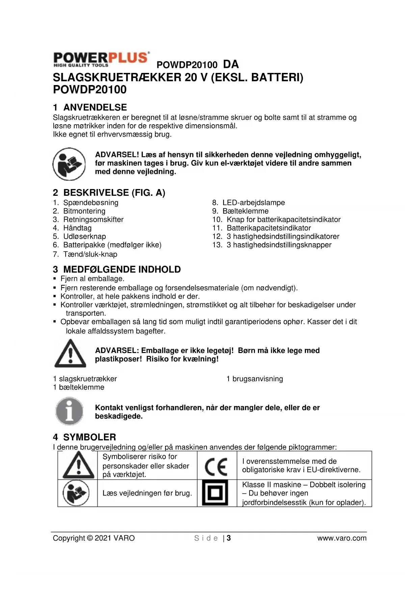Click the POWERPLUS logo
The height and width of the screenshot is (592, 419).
(101, 59)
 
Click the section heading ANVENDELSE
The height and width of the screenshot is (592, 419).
(95, 107)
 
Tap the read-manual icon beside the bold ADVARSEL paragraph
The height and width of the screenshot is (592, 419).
(69, 164)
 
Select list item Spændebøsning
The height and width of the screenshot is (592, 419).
(90, 203)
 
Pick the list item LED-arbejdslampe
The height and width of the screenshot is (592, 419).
(253, 203)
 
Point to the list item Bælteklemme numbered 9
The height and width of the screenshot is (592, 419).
(245, 211)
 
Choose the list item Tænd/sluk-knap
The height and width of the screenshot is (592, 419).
(90, 254)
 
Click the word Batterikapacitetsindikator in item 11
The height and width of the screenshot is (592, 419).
(268, 228)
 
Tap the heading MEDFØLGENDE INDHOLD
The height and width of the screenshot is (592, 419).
(122, 269)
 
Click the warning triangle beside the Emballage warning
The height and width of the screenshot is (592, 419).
(70, 354)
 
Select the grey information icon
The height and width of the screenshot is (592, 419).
(69, 411)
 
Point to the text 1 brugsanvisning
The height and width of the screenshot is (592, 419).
(255, 379)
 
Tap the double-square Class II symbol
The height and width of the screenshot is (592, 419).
(215, 493)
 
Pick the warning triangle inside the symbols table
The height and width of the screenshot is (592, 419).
(78, 466)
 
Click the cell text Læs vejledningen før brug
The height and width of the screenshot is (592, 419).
(147, 493)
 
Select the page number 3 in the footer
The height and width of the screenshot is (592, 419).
(229, 538)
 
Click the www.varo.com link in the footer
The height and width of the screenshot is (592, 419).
(342, 538)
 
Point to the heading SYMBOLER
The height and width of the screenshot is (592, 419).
(89, 437)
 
